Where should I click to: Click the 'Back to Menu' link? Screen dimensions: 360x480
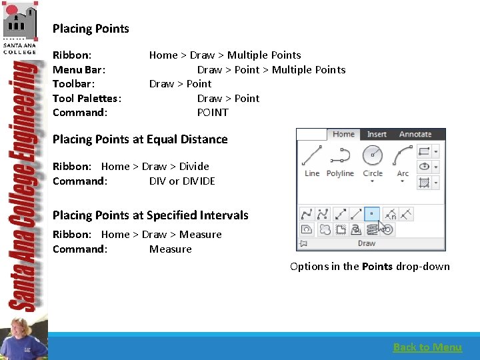(427, 347)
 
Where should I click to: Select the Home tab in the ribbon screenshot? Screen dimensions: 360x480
(343, 134)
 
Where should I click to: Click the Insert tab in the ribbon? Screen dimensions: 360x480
(377, 134)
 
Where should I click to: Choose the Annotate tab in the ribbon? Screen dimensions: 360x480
(415, 134)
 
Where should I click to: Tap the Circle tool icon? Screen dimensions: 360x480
(373, 156)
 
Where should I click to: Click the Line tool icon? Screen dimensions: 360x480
(312, 156)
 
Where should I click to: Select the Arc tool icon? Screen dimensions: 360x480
(403, 156)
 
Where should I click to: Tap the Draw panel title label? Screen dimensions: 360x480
(367, 243)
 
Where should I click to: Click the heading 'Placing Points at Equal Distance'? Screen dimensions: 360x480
(140, 139)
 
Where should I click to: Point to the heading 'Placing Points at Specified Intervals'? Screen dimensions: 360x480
(150, 215)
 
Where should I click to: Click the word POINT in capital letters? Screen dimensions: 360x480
(213, 112)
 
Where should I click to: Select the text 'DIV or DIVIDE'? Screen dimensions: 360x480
(182, 181)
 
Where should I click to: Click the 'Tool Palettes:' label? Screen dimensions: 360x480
(87, 98)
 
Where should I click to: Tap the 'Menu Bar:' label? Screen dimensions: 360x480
(79, 69)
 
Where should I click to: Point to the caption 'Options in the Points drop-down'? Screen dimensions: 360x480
(369, 267)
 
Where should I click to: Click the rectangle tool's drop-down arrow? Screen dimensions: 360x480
(435, 152)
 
